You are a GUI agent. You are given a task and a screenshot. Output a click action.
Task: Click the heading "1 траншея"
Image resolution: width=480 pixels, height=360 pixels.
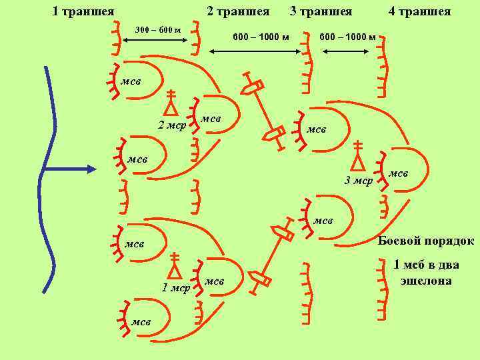pyautogui.click(x=83, y=11)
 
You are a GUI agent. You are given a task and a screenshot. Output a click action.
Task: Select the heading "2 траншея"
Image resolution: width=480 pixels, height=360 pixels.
pyautogui.click(x=238, y=11)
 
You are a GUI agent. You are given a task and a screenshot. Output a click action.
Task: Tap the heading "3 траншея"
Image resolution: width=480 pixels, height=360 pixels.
pyautogui.click(x=321, y=11)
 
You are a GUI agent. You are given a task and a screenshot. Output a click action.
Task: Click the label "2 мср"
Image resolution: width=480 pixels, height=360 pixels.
pyautogui.click(x=171, y=125)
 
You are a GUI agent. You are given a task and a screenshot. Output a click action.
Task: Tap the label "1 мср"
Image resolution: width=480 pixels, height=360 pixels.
pyautogui.click(x=177, y=288)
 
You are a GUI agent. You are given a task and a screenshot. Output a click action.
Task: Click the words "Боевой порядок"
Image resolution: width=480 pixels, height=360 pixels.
pyautogui.click(x=426, y=241)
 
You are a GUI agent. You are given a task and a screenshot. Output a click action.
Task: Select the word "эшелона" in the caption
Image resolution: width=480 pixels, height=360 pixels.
pyautogui.click(x=426, y=281)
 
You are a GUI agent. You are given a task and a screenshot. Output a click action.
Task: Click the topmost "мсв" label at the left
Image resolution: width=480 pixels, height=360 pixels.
pyautogui.click(x=131, y=81)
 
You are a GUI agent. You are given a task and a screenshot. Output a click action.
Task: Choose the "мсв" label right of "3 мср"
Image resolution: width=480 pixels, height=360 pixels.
pyautogui.click(x=398, y=173)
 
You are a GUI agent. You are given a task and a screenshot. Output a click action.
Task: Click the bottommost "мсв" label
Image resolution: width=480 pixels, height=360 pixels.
pyautogui.click(x=141, y=322)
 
